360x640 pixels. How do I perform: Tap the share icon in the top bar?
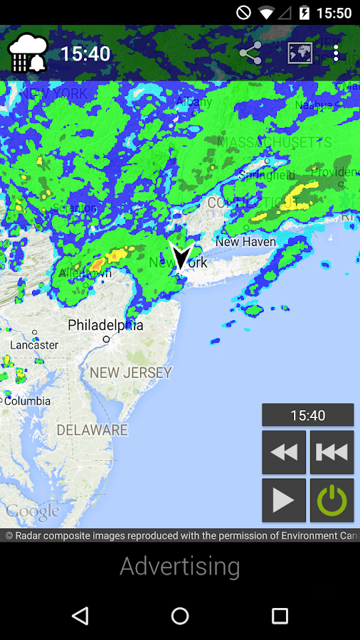[x=250, y=53]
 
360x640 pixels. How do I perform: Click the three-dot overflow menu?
[x=337, y=53]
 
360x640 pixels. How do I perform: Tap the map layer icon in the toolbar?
[x=300, y=53]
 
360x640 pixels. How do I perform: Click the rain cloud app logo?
[x=28, y=53]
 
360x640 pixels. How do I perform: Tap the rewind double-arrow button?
[x=284, y=452]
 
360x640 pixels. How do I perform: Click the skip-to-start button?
[x=332, y=452]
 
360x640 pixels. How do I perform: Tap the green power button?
[x=332, y=501]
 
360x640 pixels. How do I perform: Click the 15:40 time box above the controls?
[x=307, y=415]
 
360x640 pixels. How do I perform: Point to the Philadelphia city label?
[x=105, y=326]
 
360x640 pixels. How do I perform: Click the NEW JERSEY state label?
[x=131, y=372]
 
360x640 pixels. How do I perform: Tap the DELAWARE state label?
[x=92, y=430]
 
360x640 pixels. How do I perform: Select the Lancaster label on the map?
[x=34, y=345]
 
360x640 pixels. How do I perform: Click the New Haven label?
[x=245, y=242]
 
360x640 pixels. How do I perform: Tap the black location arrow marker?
[x=181, y=256]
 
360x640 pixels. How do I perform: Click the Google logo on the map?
[x=33, y=512]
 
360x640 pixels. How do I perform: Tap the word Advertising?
[x=180, y=566]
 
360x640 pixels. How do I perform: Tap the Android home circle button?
[x=180, y=616]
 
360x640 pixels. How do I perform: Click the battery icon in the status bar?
[x=305, y=13]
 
